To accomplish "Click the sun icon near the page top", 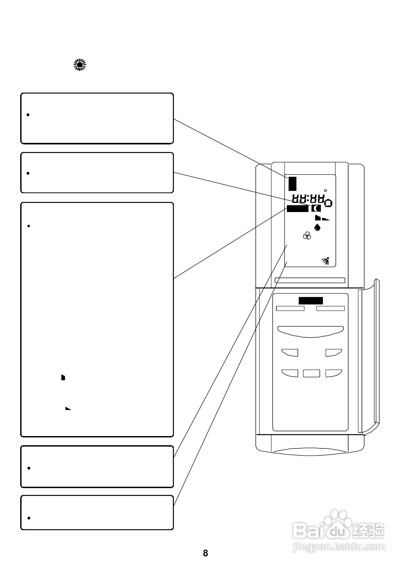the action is click(x=80, y=65).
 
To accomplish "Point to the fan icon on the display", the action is click(x=307, y=236).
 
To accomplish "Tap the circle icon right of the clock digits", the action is click(x=328, y=203).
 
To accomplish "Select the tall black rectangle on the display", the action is click(x=292, y=184).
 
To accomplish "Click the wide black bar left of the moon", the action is click(x=298, y=209).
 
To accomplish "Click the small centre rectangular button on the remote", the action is click(x=311, y=373).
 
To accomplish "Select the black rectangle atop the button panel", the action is click(x=311, y=301).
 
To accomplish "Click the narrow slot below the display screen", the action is click(x=310, y=280).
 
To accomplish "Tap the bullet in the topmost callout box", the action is click(x=28, y=115).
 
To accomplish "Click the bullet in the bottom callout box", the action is click(x=29, y=518).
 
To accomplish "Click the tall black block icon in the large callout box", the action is click(x=63, y=377).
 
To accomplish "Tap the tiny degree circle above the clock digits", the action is click(x=325, y=191).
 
